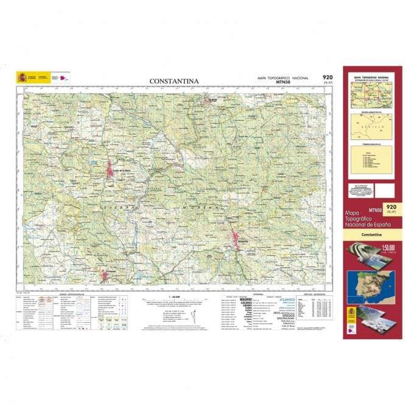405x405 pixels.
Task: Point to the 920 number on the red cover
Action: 391,207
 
